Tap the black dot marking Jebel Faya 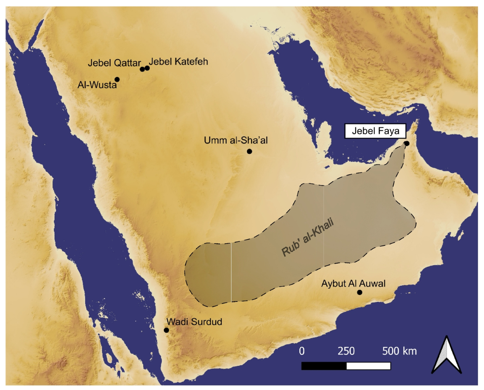pos(407,143)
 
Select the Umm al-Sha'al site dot pos(249,151)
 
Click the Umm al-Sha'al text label pos(236,140)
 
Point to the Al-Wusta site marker pos(117,79)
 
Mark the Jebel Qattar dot pos(142,69)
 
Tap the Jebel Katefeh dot pos(147,68)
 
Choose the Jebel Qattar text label pos(114,63)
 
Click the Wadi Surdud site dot pos(166,330)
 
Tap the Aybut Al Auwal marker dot pos(360,292)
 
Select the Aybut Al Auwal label pos(353,283)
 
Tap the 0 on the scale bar pos(302,351)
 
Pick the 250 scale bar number pos(346,351)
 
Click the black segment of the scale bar pos(324,366)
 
